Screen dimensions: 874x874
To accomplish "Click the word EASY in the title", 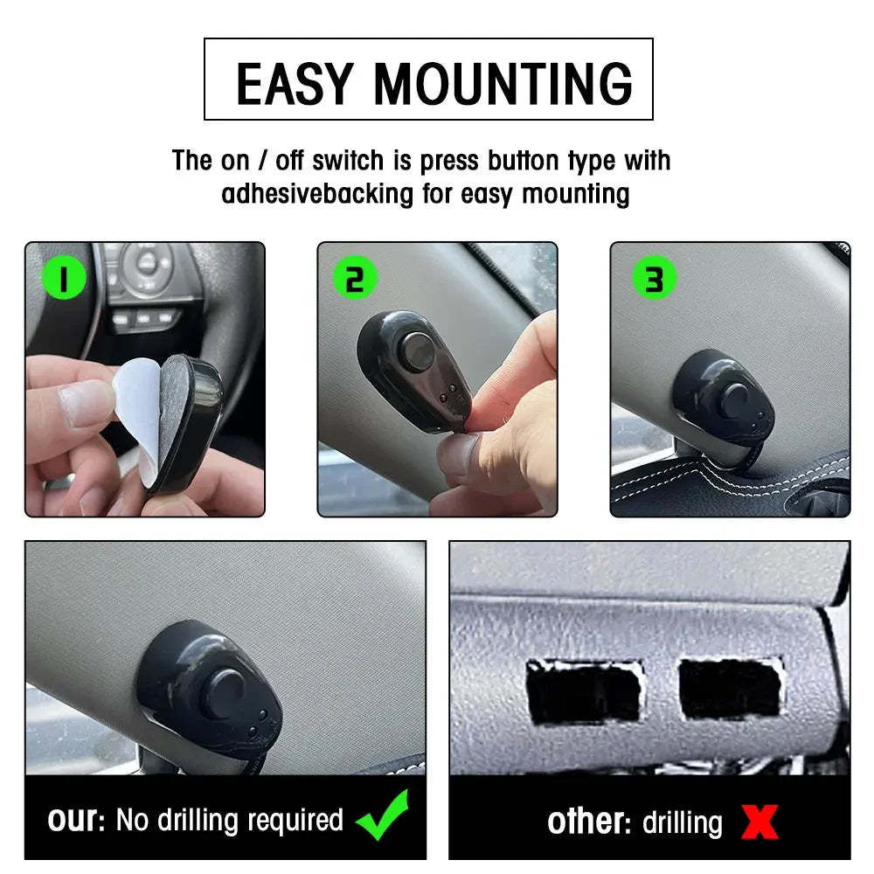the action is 295,84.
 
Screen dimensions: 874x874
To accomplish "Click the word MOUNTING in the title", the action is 503,84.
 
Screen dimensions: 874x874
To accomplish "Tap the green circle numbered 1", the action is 65,278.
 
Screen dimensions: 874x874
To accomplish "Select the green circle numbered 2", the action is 355,278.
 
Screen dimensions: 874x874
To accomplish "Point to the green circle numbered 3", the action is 655,278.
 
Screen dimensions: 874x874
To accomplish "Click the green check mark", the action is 384,816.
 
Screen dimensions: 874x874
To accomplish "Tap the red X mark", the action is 760,822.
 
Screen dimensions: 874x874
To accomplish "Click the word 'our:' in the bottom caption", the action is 76,820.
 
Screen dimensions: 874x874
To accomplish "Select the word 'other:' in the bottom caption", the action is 588,822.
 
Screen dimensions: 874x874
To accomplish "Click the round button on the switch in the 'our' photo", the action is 227,693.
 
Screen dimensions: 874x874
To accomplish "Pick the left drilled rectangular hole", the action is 584,691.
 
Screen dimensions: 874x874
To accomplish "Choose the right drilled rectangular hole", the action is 731,688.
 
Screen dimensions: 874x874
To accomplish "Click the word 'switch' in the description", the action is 348,161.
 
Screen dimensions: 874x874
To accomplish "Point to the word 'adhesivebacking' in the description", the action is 317,194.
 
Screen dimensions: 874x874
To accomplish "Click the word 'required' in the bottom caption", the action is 295,821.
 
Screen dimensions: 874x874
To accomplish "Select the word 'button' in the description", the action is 523,161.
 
